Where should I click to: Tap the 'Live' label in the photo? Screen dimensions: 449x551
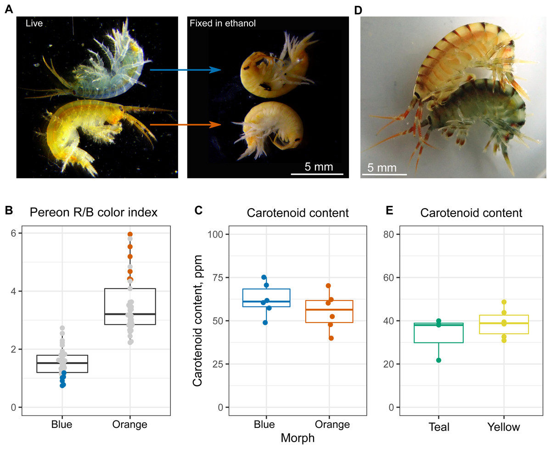tap(34, 23)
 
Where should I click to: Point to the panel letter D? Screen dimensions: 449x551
tap(359, 9)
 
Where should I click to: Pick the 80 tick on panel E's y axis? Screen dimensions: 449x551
tap(392, 234)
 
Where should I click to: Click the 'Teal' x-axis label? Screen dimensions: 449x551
tap(439, 427)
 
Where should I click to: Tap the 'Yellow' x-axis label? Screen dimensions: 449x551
tap(504, 427)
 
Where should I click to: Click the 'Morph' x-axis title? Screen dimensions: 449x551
tap(298, 438)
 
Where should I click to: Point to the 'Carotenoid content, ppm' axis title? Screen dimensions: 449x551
tap(198, 321)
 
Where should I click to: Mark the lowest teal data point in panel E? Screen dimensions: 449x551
tap(439, 360)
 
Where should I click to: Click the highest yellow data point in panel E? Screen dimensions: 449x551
tap(504, 302)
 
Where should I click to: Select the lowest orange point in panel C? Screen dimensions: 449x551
tap(331, 338)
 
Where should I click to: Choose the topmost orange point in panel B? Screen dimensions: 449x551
tap(130, 234)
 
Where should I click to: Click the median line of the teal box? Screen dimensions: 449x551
tap(439, 325)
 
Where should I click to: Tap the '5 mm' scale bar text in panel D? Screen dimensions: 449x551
tap(383, 168)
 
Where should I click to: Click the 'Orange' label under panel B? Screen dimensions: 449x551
tap(130, 424)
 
